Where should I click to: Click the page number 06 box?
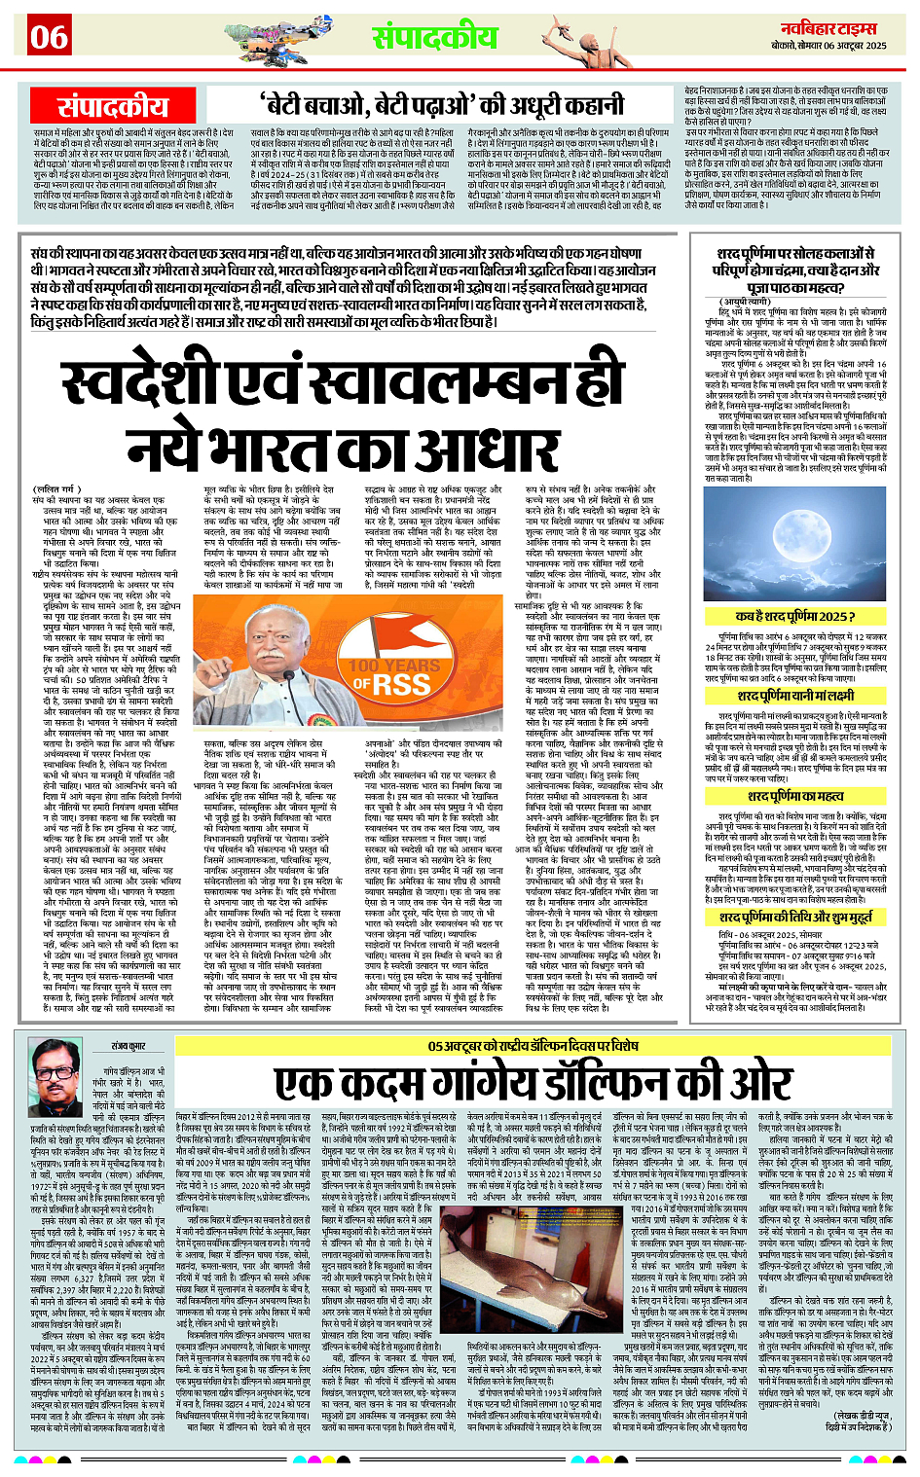click(49, 37)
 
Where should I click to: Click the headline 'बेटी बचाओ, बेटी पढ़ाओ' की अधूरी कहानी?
click(441, 104)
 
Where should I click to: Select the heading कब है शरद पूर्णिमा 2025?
click(795, 616)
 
